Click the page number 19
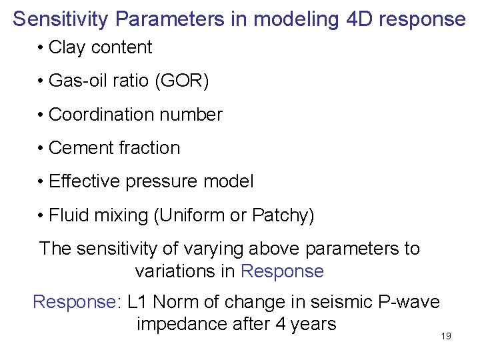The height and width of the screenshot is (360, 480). click(446, 336)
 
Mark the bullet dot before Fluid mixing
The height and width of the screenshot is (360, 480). click(41, 216)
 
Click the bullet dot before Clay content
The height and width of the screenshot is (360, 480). click(41, 48)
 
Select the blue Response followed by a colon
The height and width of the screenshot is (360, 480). click(77, 302)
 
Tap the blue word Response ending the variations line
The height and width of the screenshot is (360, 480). click(282, 271)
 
